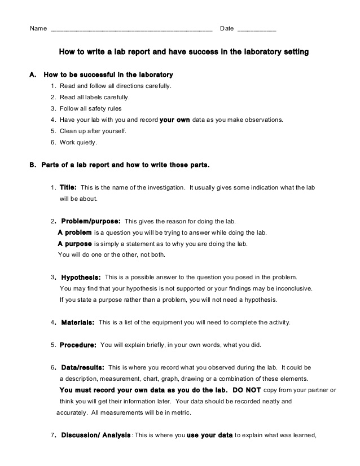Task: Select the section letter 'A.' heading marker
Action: tap(33, 74)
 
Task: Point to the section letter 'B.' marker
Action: tap(33, 165)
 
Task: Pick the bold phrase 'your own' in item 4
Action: tap(175, 120)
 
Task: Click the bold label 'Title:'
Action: tap(68, 187)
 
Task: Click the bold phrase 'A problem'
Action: tap(74, 232)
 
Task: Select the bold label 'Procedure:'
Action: tap(78, 344)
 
